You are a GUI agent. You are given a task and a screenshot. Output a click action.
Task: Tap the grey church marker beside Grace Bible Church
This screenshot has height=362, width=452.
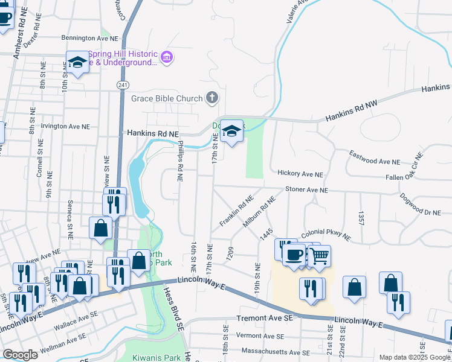pyautogui.click(x=211, y=97)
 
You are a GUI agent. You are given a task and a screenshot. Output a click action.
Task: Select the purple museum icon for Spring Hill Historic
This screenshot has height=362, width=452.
pyautogui.click(x=167, y=58)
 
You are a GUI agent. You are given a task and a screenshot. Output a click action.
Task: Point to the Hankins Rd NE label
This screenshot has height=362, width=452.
pyautogui.click(x=152, y=133)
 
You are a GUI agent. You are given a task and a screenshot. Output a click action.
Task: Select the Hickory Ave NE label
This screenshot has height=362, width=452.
pyautogui.click(x=300, y=174)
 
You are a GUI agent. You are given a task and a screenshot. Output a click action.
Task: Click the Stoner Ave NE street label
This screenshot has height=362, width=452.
pyautogui.click(x=306, y=189)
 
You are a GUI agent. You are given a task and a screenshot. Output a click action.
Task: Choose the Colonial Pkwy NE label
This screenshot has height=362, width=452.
pyautogui.click(x=325, y=233)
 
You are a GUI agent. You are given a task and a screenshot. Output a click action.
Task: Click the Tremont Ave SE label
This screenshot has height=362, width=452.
pyautogui.click(x=265, y=317)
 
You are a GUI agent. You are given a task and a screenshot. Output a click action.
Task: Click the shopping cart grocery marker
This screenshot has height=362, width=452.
pyautogui.click(x=320, y=256)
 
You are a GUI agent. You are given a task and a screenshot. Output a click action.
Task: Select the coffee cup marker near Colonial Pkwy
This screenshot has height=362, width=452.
pyautogui.click(x=294, y=254)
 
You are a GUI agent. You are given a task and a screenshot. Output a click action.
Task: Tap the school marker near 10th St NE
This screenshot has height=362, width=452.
pyautogui.click(x=77, y=62)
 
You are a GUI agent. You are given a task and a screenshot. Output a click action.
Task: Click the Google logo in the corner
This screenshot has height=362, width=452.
pyautogui.click(x=20, y=355)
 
